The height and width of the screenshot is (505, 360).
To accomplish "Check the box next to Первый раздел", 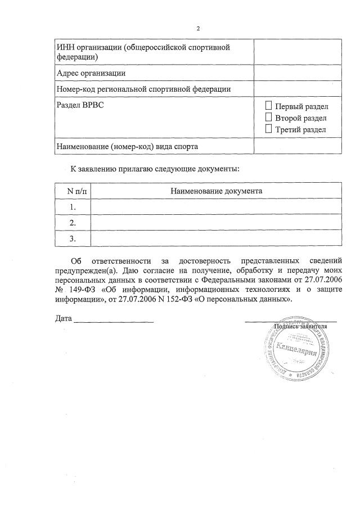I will pyautogui.click(x=268, y=106).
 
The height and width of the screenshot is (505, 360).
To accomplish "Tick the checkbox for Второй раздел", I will pyautogui.click(x=268, y=118).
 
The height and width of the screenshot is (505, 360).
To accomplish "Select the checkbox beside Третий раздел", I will pyautogui.click(x=268, y=129).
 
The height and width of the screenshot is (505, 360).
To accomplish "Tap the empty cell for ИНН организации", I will pyautogui.click(x=297, y=52).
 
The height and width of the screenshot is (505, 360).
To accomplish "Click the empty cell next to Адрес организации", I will pyautogui.click(x=297, y=73).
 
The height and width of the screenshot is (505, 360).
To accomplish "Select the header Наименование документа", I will pyautogui.click(x=216, y=191).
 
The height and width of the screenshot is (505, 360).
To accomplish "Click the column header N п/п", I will pyautogui.click(x=73, y=191).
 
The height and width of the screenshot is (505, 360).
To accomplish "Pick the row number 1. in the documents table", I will pyautogui.click(x=73, y=206).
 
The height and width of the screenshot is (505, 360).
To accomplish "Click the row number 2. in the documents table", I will pyautogui.click(x=73, y=223).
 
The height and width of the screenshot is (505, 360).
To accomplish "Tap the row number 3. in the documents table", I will pyautogui.click(x=73, y=238).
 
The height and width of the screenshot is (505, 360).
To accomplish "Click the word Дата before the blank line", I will pyautogui.click(x=64, y=319).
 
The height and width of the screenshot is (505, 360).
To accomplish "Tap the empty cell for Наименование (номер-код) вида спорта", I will pyautogui.click(x=297, y=146).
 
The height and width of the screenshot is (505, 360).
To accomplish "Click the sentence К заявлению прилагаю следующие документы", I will pyautogui.click(x=155, y=168).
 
